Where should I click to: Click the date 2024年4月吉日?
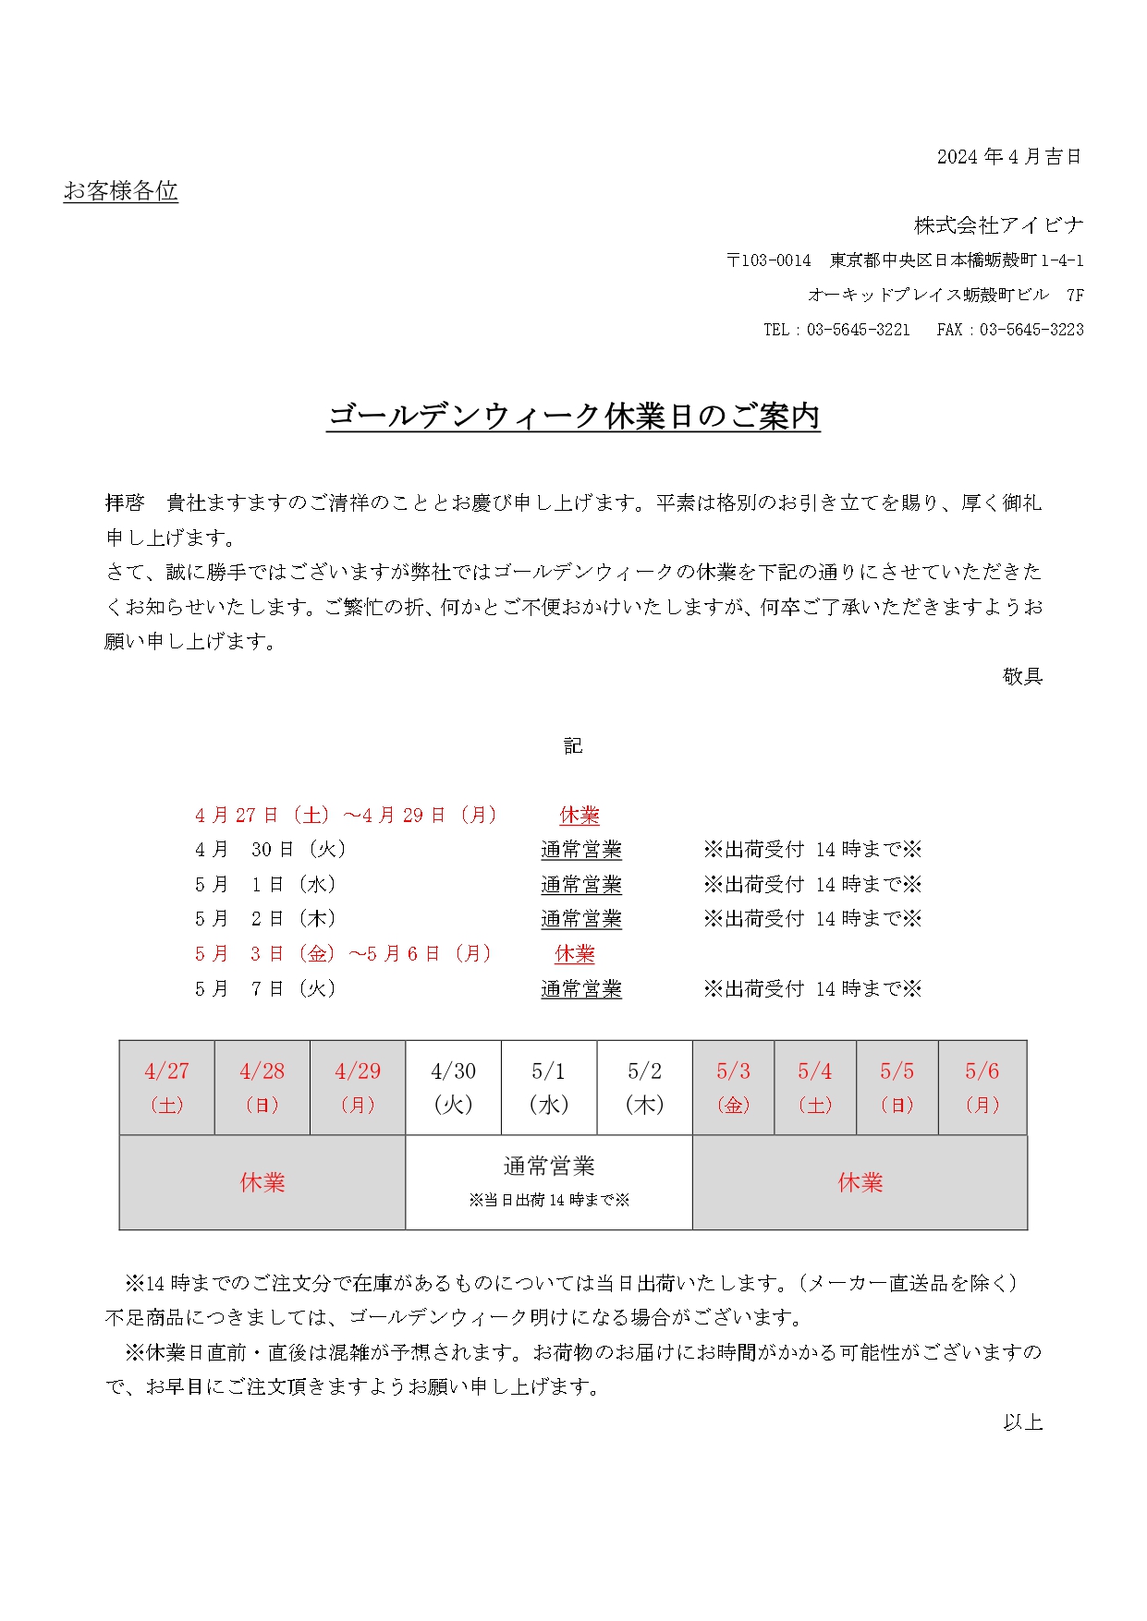pos(1008,157)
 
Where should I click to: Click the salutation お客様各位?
pos(120,191)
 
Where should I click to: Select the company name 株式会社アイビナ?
pos(998,225)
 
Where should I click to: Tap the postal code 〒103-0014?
pos(768,260)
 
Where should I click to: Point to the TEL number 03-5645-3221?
pos(858,330)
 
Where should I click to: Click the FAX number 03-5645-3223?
pos(1031,330)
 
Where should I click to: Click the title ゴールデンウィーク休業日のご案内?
pos(573,417)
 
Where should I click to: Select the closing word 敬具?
pos(1022,676)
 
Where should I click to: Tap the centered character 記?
pos(573,746)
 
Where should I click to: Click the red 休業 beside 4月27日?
pos(580,816)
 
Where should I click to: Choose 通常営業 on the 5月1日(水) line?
pos(580,885)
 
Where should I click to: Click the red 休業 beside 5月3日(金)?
pos(575,954)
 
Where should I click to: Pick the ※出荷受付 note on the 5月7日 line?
pos(812,989)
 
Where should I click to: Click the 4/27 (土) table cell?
pos(166,1087)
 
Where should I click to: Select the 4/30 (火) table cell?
pos(453,1087)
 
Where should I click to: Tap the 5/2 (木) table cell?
pos(644,1087)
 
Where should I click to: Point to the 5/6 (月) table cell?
pos(982,1087)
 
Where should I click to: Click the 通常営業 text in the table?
pos(548,1167)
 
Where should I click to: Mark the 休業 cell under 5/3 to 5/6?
pos(860,1182)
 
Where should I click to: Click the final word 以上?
pos(1022,1422)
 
